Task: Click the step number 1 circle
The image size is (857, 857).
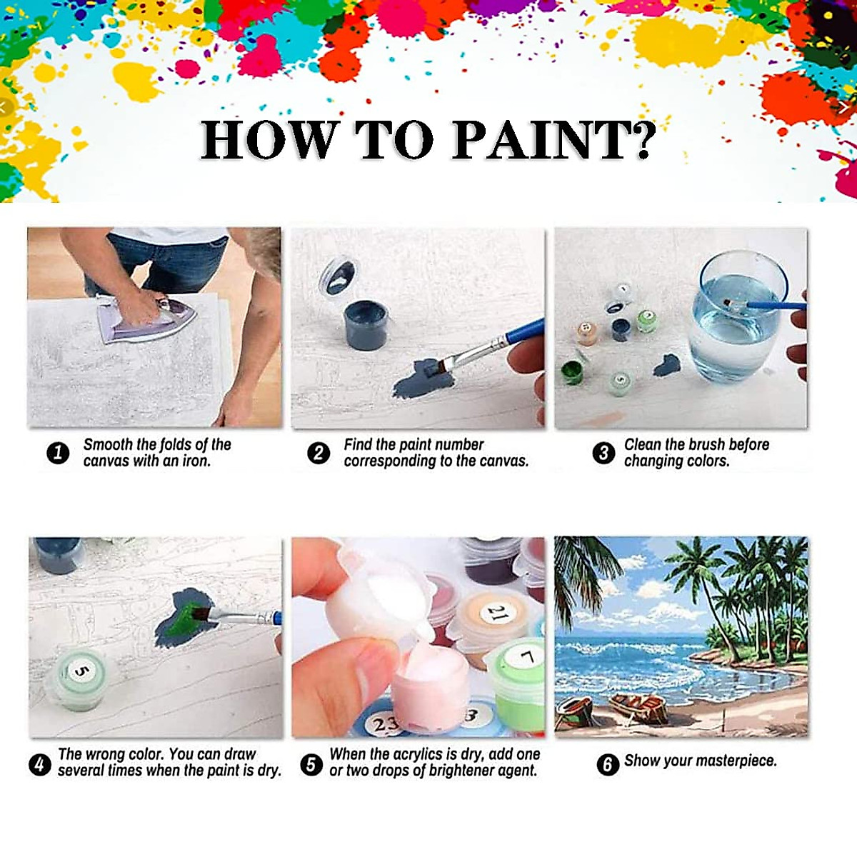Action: click(58, 453)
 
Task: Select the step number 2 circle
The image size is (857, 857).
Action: click(319, 453)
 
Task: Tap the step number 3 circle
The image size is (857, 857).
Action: click(603, 453)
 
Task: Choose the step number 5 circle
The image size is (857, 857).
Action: click(311, 764)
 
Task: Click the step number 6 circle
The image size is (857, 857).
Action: click(607, 764)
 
